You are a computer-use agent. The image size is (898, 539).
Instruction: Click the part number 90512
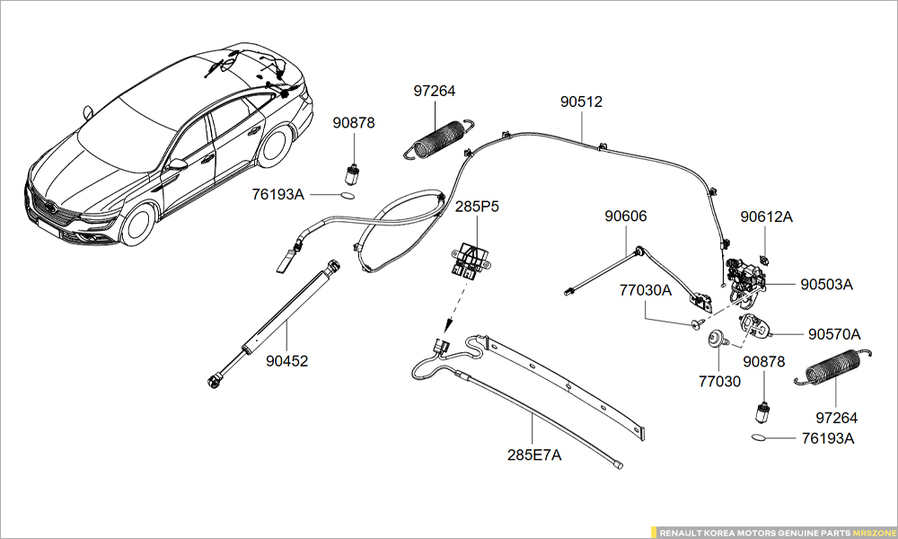pyautogui.click(x=581, y=102)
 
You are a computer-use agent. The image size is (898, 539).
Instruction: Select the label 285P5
pyautogui.click(x=477, y=207)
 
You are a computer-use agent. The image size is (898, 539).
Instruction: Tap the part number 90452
pyautogui.click(x=286, y=361)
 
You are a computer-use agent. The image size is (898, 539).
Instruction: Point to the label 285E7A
pyautogui.click(x=533, y=455)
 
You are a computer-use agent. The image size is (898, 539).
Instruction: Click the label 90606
pyautogui.click(x=625, y=216)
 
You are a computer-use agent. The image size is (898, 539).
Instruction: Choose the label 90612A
pyautogui.click(x=766, y=216)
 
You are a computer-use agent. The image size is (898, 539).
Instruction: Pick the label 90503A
pyautogui.click(x=826, y=285)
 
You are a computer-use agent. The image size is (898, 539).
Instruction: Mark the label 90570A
pyautogui.click(x=833, y=334)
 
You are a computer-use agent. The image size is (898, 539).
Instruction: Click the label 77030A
pyautogui.click(x=645, y=290)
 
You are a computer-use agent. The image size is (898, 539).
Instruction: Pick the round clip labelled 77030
pyautogui.click(x=716, y=339)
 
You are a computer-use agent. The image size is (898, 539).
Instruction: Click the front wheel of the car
pyautogui.click(x=139, y=225)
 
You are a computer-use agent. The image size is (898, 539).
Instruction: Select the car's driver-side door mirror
pyautogui.click(x=178, y=165)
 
